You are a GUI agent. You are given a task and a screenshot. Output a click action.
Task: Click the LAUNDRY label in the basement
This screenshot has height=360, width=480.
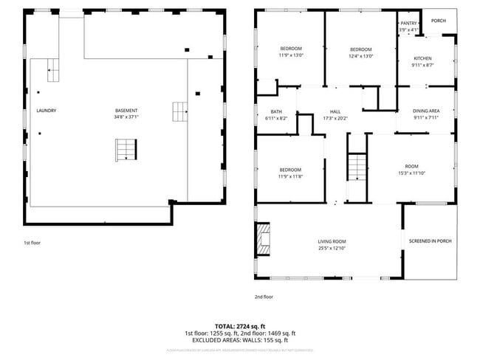coord(47,111)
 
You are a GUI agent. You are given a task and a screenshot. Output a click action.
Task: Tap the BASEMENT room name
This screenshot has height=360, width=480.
coord(126,111)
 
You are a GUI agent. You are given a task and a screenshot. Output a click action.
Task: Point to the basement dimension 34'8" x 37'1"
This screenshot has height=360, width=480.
coord(126,117)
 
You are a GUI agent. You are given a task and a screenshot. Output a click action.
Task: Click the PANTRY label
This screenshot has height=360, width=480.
coord(408,23)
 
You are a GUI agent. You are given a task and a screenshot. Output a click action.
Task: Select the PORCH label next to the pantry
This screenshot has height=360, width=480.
coord(438,21)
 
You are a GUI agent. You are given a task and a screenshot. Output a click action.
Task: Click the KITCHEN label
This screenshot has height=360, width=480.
coord(422,58)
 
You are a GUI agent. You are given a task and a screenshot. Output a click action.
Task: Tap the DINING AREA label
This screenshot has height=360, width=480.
coord(425,111)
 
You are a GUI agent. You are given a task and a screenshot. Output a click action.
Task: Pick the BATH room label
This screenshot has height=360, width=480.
coord(270,111)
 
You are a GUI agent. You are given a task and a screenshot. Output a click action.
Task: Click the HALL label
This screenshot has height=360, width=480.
coord(335,111)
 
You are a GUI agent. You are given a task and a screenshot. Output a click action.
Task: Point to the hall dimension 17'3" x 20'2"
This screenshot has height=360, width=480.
coord(335,118)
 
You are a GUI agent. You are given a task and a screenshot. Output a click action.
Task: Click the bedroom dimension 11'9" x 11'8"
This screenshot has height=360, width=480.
coord(290,176)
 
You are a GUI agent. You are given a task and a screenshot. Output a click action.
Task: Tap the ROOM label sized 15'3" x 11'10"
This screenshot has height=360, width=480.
coord(411,167)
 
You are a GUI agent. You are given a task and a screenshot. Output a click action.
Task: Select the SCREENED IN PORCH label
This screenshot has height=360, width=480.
coord(430,241)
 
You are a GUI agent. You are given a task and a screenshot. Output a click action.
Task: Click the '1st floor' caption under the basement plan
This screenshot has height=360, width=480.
coord(32,241)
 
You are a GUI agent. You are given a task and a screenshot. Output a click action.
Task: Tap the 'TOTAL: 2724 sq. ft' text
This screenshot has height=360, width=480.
coord(240,325)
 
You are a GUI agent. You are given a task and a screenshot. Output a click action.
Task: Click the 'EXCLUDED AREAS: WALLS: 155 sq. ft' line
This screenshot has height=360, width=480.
coord(240,340)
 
